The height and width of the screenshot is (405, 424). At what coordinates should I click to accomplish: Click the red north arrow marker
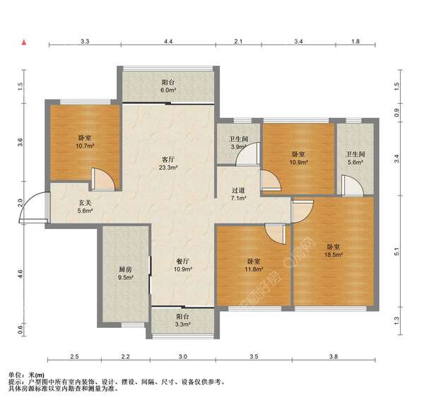(24, 42)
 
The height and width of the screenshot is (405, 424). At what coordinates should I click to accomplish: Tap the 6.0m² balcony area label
(168, 90)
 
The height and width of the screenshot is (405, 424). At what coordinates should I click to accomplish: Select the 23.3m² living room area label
(168, 168)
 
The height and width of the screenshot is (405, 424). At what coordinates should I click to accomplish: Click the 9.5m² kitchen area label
(126, 277)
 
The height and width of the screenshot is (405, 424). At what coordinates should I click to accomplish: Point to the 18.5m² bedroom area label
(334, 254)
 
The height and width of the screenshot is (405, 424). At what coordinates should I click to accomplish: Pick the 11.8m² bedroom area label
(254, 269)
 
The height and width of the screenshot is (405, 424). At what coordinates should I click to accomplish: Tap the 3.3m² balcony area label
(183, 324)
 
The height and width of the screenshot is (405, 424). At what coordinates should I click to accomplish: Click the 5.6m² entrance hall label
(86, 211)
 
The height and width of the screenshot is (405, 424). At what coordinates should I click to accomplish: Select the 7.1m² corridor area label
(239, 199)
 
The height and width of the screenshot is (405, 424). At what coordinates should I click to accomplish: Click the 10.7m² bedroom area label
(86, 146)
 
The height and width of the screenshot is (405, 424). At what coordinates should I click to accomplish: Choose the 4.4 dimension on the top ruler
(168, 42)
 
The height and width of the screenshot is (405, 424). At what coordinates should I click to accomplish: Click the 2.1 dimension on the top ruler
(238, 42)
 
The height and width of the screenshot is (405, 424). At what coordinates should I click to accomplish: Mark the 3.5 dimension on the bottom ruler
(254, 356)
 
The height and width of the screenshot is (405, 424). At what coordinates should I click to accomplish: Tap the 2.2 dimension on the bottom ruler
(126, 356)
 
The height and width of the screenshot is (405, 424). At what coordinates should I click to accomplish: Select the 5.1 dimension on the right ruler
(396, 252)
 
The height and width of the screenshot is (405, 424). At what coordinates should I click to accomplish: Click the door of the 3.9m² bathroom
(248, 153)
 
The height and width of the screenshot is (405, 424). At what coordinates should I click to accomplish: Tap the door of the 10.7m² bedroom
(103, 179)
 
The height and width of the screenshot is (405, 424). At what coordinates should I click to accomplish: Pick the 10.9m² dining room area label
(183, 269)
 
